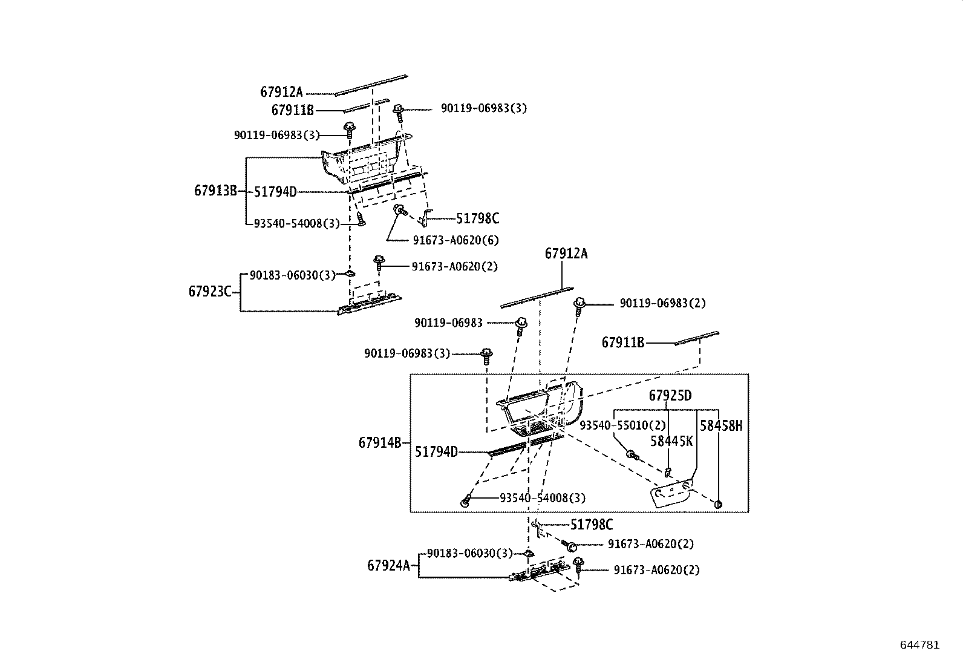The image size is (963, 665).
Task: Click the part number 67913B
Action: click(x=215, y=191)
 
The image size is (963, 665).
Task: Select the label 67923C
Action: click(x=210, y=292)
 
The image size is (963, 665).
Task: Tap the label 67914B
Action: click(x=379, y=443)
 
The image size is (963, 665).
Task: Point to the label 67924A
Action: click(x=388, y=566)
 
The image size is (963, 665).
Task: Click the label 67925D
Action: click(x=670, y=396)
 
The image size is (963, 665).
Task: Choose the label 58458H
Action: click(x=720, y=425)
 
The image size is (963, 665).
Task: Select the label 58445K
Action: click(x=671, y=441)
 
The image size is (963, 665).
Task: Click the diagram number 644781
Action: click(x=919, y=645)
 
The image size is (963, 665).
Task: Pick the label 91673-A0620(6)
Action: click(x=455, y=240)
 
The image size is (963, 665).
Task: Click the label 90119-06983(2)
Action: click(x=662, y=303)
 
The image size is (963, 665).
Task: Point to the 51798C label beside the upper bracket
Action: click(x=477, y=218)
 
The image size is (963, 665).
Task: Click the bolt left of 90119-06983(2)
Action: click(x=579, y=304)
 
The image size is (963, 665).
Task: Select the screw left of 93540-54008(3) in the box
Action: click(x=465, y=502)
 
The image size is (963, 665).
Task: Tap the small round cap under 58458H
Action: click(x=719, y=503)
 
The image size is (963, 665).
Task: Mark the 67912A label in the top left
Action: click(x=281, y=92)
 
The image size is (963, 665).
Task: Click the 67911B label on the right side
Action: click(x=622, y=343)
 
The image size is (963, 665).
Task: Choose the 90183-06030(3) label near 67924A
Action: click(x=469, y=553)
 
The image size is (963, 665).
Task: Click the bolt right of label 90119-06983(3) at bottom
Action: click(x=486, y=355)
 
